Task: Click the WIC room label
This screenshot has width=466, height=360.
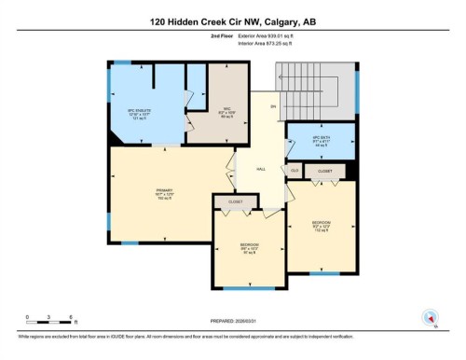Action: (213, 112)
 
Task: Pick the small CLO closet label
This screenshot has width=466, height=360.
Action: (295, 172)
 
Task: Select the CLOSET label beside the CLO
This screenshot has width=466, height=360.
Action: (325, 172)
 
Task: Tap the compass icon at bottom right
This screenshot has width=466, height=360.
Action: (430, 317)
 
